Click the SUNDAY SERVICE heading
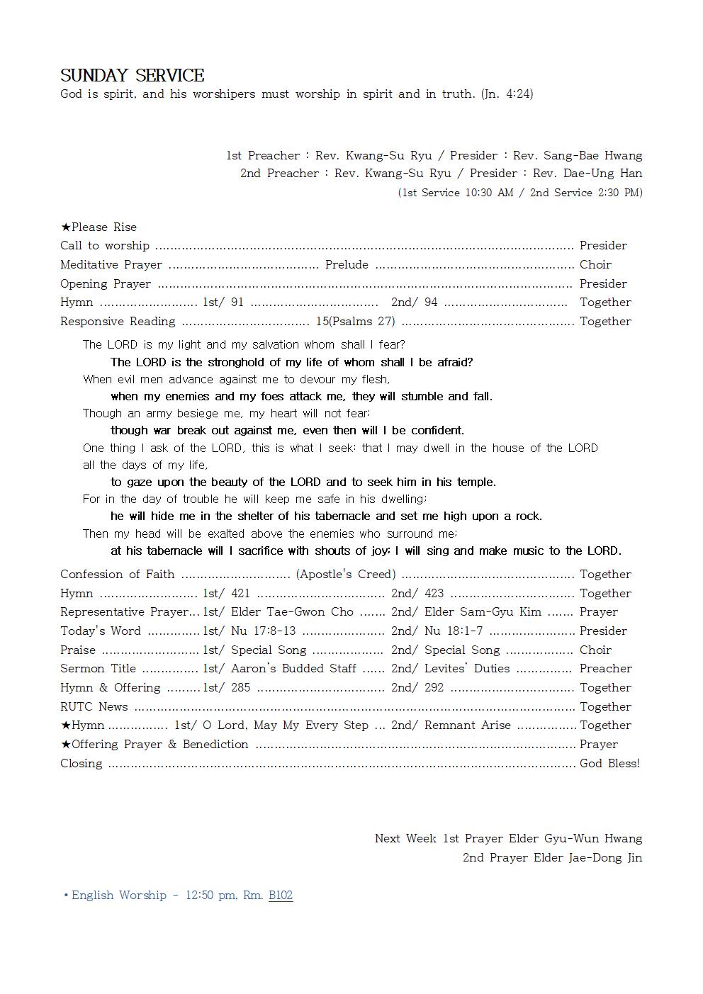pyautogui.click(x=132, y=76)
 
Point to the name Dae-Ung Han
pyautogui.click(x=603, y=174)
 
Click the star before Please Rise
pyautogui.click(x=65, y=227)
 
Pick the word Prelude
pyautogui.click(x=347, y=265)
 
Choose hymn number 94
pyautogui.click(x=431, y=303)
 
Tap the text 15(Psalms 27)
pyautogui.click(x=356, y=322)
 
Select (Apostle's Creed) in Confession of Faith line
pyautogui.click(x=346, y=575)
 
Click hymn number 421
pyautogui.click(x=240, y=594)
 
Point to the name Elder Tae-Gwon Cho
pyautogui.click(x=292, y=612)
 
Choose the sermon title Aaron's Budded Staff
pyautogui.click(x=293, y=669)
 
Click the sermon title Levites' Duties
pyautogui.click(x=467, y=669)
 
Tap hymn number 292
pyautogui.click(x=434, y=688)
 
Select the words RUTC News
pyautogui.click(x=94, y=707)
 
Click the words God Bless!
pyautogui.click(x=609, y=764)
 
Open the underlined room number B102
pyautogui.click(x=281, y=896)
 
